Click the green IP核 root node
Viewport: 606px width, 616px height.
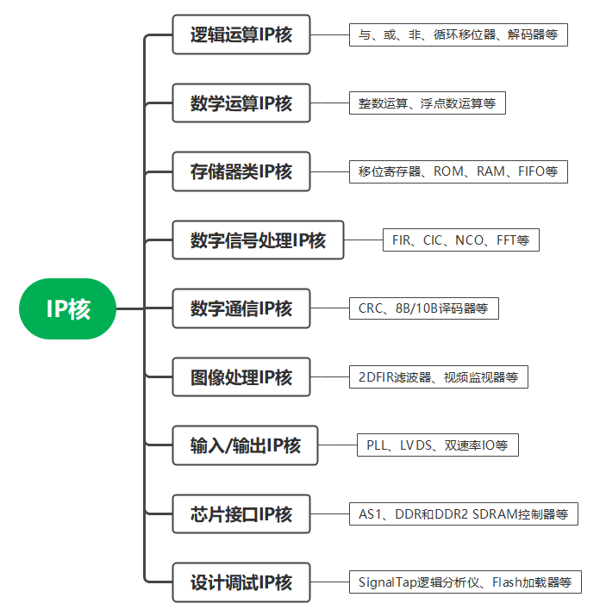(67, 308)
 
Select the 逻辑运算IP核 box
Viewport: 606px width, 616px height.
(241, 34)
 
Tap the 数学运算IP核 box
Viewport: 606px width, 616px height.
(241, 103)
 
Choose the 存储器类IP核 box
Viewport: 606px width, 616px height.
(241, 171)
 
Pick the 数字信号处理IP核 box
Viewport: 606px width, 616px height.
(258, 240)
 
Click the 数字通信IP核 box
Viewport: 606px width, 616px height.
(241, 308)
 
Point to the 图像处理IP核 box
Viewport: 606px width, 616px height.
(241, 376)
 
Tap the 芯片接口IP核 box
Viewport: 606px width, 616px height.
(241, 514)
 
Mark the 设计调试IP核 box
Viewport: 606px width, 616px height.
(241, 582)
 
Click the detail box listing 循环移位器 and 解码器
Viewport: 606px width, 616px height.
(458, 35)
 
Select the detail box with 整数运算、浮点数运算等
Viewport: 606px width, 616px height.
(427, 103)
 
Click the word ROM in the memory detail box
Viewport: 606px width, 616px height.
(448, 171)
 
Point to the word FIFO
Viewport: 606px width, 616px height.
(532, 171)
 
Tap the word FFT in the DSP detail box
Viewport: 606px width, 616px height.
(506, 240)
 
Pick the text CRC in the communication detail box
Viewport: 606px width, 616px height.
(371, 308)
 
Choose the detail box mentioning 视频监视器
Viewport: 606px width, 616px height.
(438, 377)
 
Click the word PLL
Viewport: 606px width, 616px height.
(378, 445)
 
